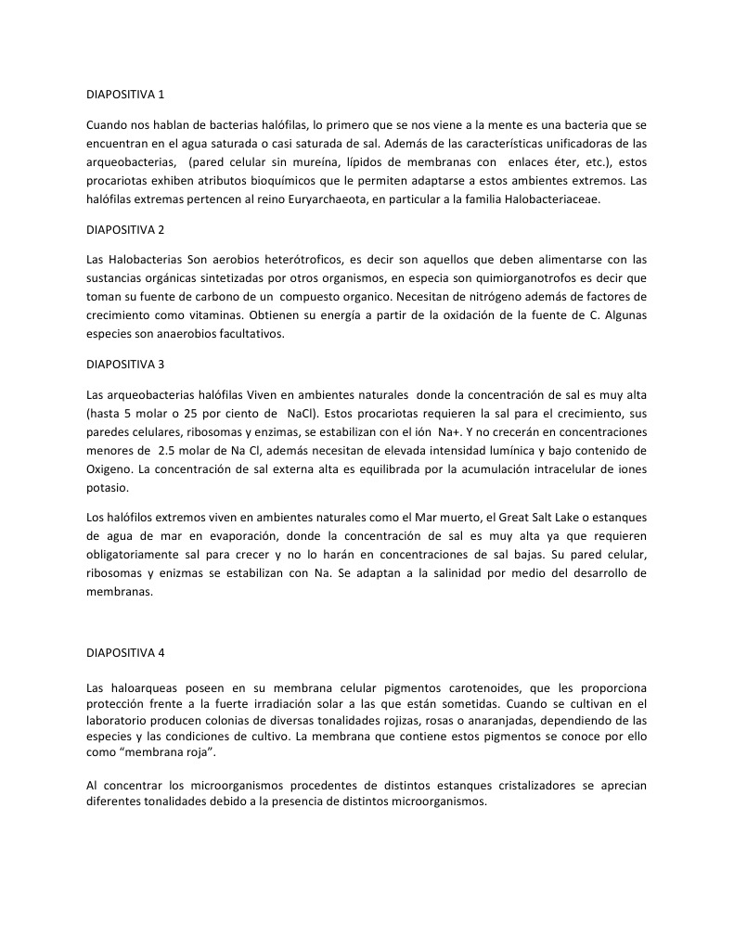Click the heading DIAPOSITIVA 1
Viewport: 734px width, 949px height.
point(125,95)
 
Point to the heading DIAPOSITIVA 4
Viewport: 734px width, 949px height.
point(125,652)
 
